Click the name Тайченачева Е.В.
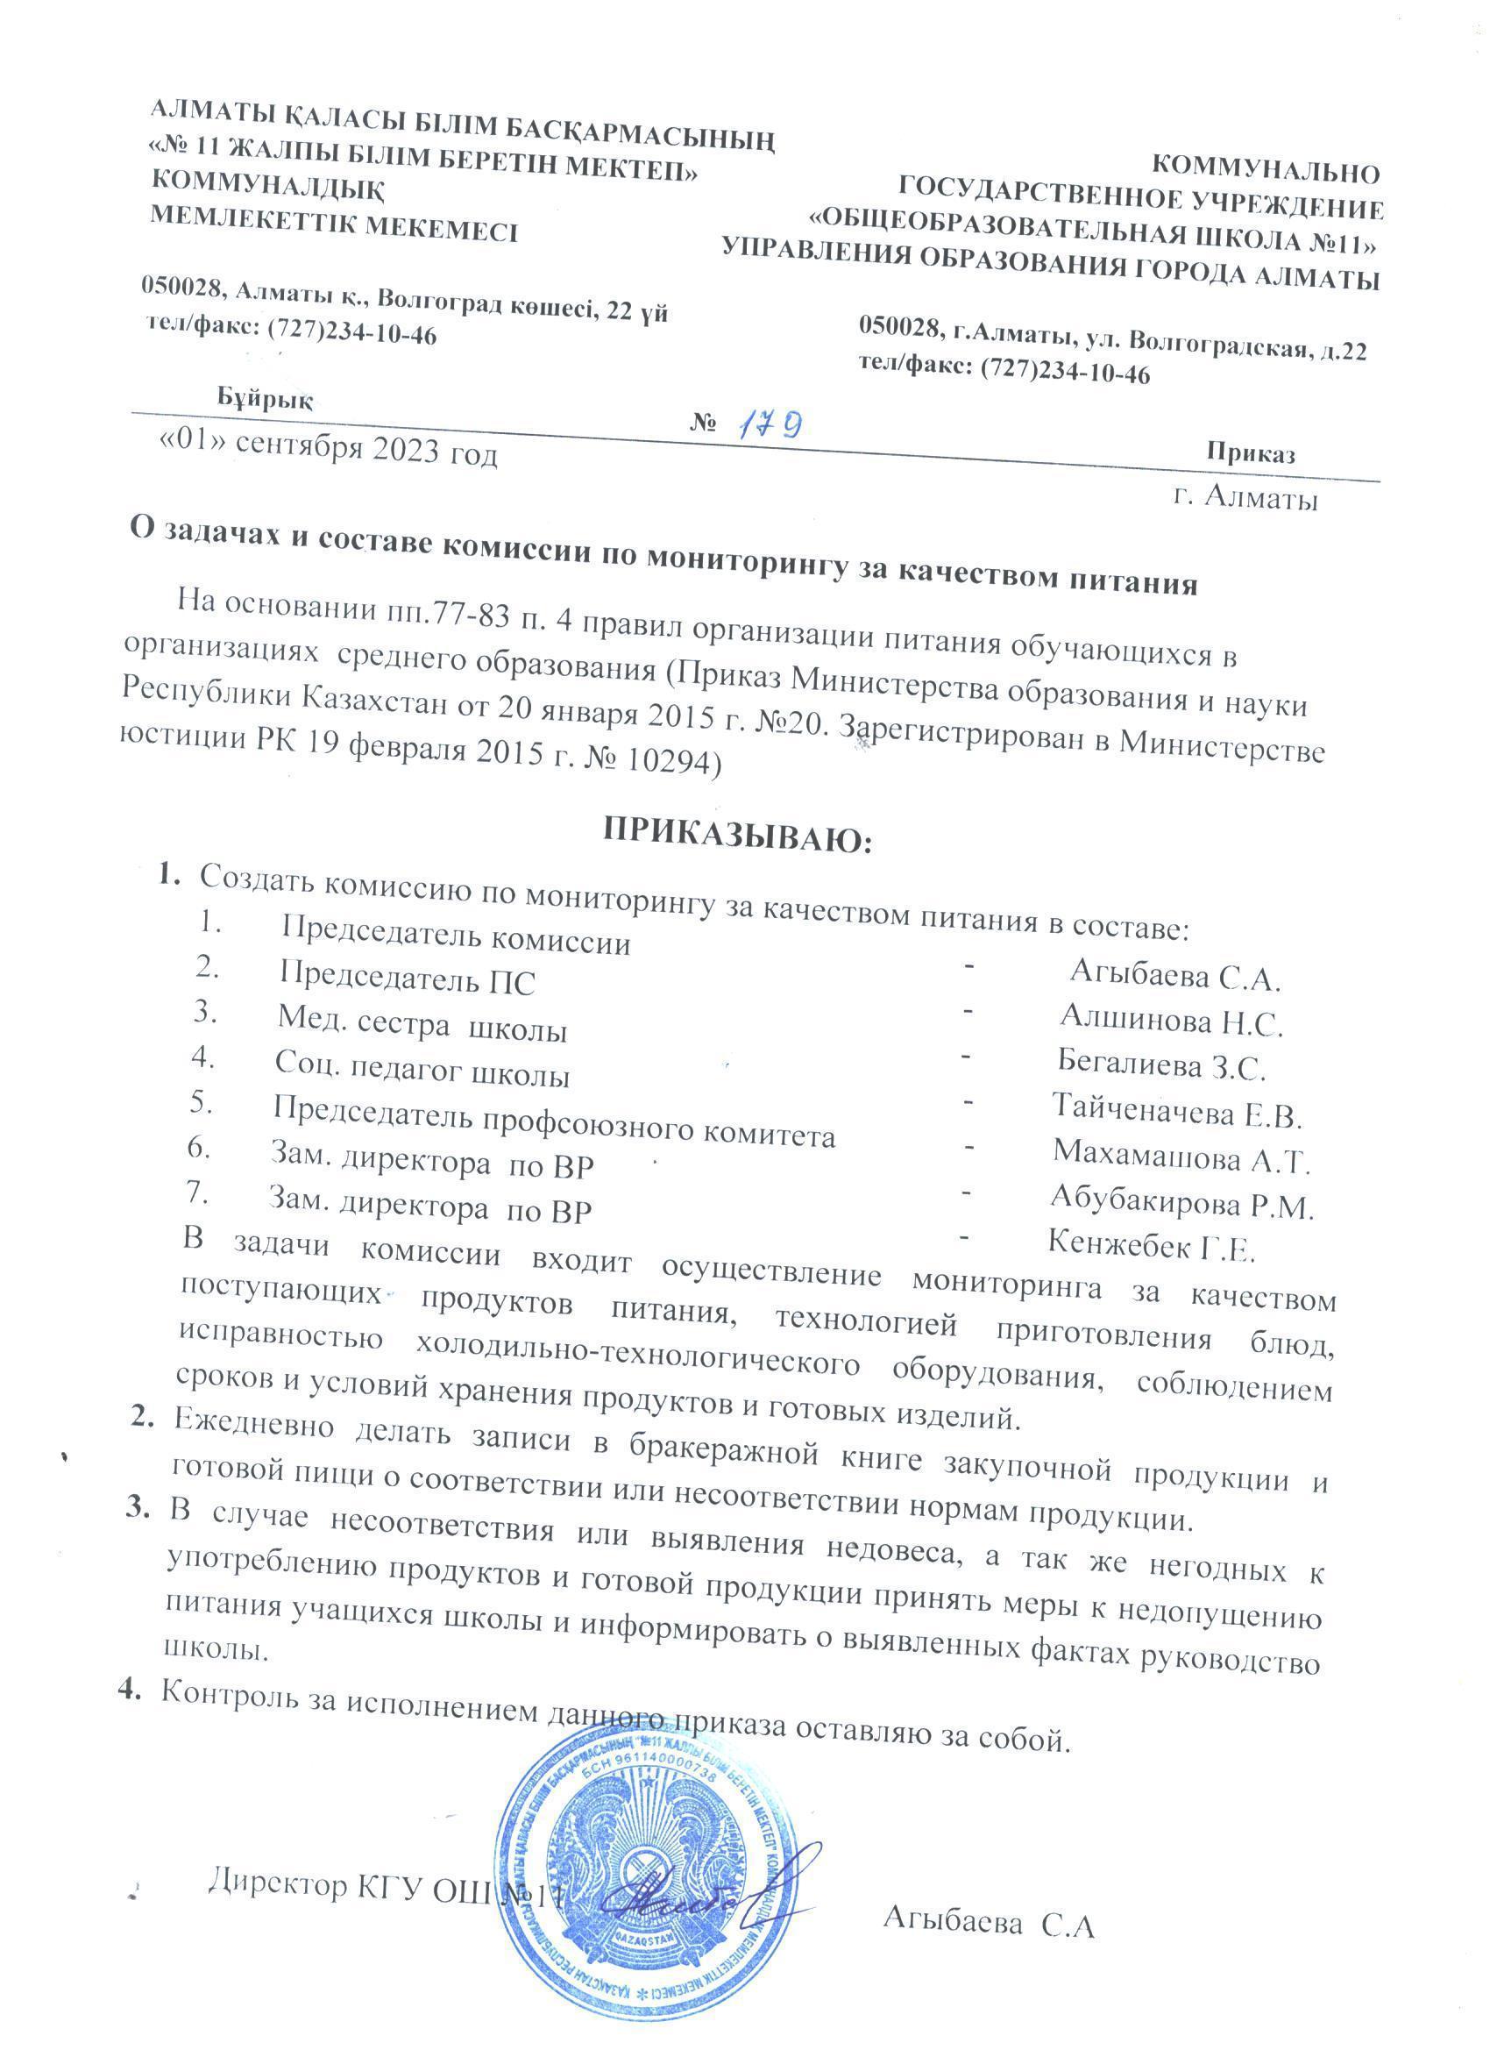(x=1176, y=1111)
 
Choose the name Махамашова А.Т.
(x=1181, y=1157)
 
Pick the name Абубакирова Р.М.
(x=1181, y=1204)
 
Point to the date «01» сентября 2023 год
(x=328, y=451)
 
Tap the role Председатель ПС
(x=407, y=979)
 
